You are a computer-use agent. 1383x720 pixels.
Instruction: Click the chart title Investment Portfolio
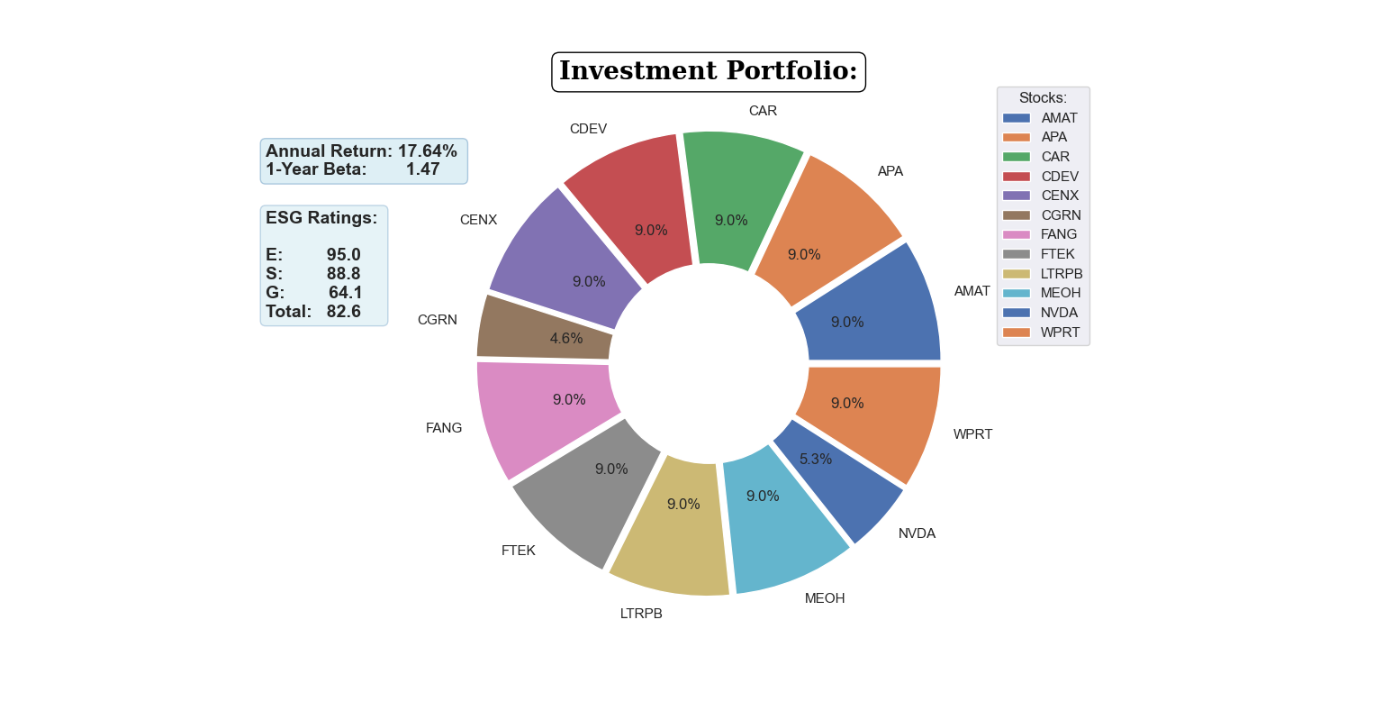(x=708, y=71)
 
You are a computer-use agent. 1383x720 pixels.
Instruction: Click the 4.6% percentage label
(x=566, y=339)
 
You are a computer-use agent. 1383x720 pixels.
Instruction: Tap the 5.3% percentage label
(x=816, y=460)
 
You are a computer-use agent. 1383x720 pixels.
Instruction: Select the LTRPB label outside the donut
(x=641, y=614)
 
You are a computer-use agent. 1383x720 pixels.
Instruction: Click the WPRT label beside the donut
(x=972, y=434)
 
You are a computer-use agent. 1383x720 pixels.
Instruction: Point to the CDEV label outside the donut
(x=588, y=129)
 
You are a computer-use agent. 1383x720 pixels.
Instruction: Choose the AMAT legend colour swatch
(x=1017, y=118)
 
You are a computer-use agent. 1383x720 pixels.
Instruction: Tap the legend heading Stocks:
(x=1043, y=97)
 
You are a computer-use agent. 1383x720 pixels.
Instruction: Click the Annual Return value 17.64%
(x=428, y=151)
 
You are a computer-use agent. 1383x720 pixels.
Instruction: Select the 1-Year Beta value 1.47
(x=422, y=169)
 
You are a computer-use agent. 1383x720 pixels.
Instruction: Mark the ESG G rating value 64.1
(x=346, y=293)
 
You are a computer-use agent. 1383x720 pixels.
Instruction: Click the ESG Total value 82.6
(x=344, y=312)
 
